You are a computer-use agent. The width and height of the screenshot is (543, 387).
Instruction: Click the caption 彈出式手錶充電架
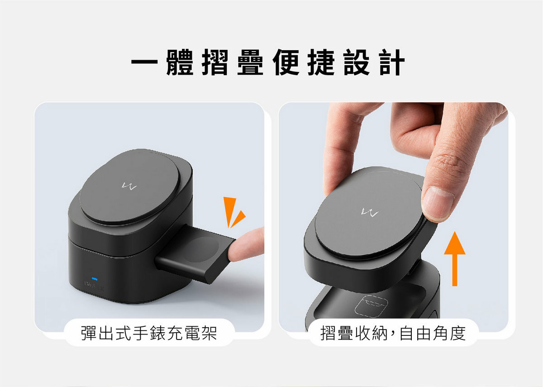tap(149, 333)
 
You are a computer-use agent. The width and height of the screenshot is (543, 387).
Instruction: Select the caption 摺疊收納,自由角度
tap(393, 333)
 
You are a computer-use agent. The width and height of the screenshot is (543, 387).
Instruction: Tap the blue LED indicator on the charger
tap(94, 278)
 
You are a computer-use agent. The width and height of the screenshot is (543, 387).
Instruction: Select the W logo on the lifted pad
tap(369, 211)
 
